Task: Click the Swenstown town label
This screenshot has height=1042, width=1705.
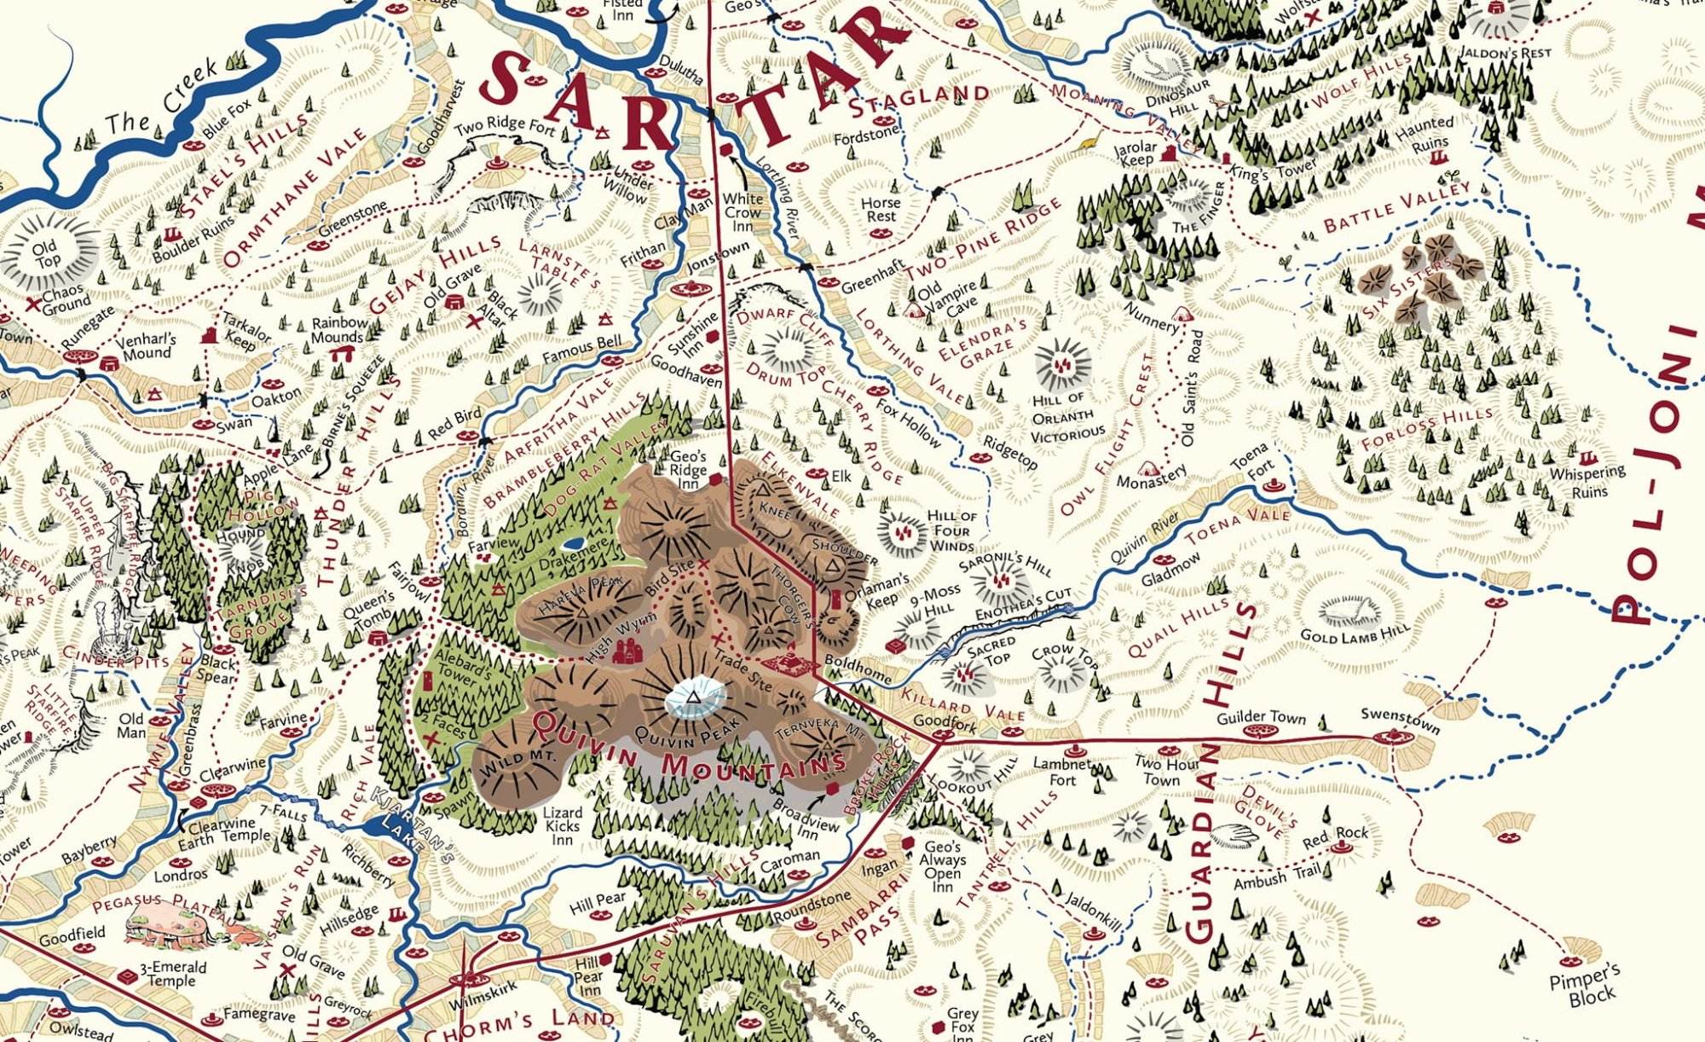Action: click(x=1400, y=720)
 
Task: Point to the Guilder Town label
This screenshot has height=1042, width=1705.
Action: click(x=1260, y=717)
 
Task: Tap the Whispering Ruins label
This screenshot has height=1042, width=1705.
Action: click(x=1588, y=481)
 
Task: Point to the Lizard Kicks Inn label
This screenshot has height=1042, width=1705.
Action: click(x=563, y=825)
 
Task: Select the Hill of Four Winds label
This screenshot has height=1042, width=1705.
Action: click(x=951, y=530)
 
